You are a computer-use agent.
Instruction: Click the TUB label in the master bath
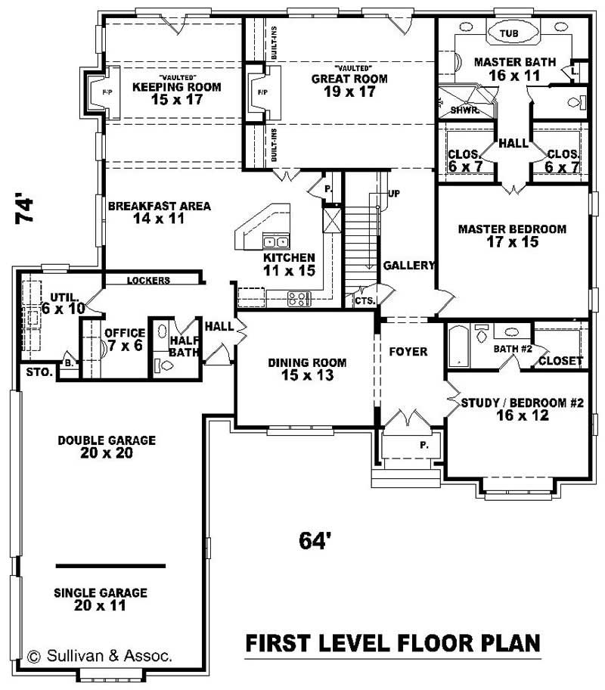click(509, 34)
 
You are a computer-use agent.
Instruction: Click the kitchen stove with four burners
click(299, 298)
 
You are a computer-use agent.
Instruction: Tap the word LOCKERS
click(148, 280)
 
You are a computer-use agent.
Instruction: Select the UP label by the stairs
click(394, 194)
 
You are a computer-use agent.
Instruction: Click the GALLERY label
click(409, 266)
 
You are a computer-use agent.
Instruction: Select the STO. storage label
click(39, 372)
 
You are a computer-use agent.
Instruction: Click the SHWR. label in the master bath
click(461, 110)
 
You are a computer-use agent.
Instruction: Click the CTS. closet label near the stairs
click(364, 300)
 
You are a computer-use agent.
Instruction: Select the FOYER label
click(408, 352)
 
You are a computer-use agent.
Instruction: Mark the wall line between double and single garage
click(110, 565)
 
